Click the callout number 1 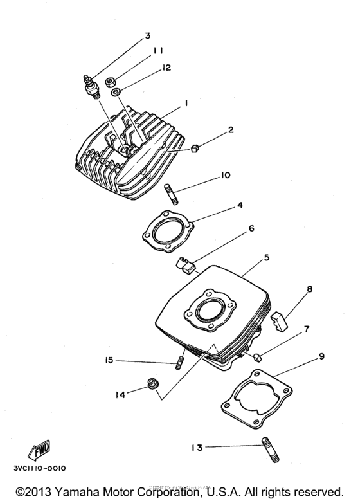click(185, 103)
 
